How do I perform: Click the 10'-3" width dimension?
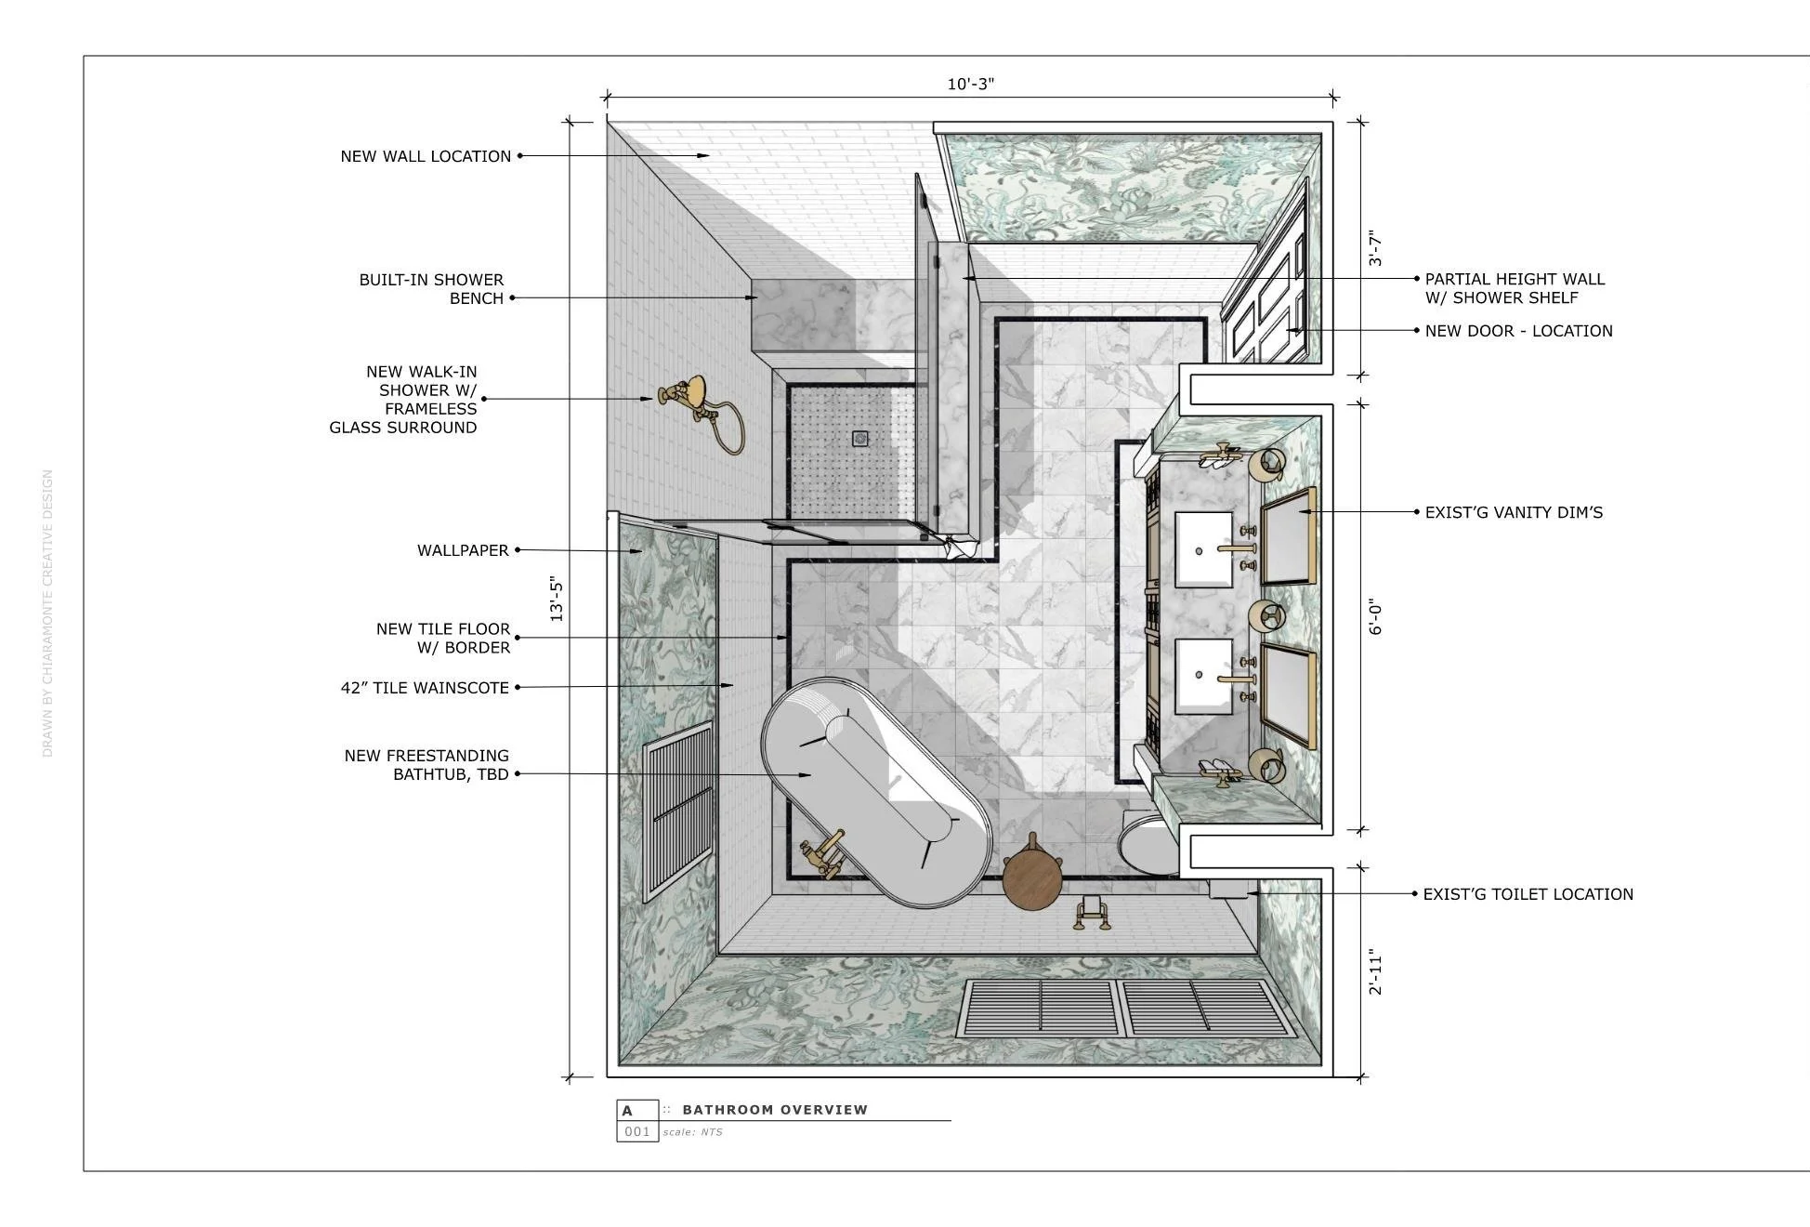point(970,85)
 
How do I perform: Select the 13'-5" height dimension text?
point(557,600)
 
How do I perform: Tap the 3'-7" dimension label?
point(1376,249)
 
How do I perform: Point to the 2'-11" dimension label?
point(1376,972)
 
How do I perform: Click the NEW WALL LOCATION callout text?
point(426,156)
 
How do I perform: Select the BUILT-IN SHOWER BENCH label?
point(431,289)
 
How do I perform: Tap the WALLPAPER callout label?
point(463,550)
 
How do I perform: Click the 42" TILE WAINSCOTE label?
point(425,688)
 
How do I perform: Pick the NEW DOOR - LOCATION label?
point(1518,331)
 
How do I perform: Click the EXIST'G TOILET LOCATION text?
point(1528,894)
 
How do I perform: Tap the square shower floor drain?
point(860,439)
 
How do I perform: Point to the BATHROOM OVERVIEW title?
point(775,1110)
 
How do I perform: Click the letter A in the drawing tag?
point(627,1111)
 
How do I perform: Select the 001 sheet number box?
point(637,1131)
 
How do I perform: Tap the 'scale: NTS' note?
point(692,1132)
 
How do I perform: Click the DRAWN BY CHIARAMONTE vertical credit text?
point(47,613)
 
